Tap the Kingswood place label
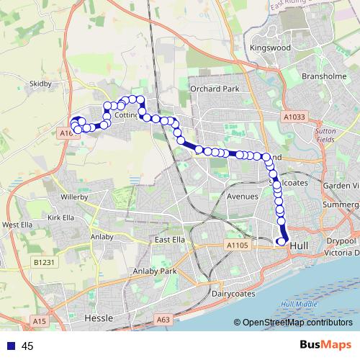pos(269,48)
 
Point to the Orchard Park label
pos(214,89)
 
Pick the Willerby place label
pos(74,195)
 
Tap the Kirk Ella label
pos(60,217)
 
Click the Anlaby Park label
pos(155,271)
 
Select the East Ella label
pos(172,240)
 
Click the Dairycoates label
pos(234,294)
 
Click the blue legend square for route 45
pos(10,346)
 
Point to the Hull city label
pos(300,246)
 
